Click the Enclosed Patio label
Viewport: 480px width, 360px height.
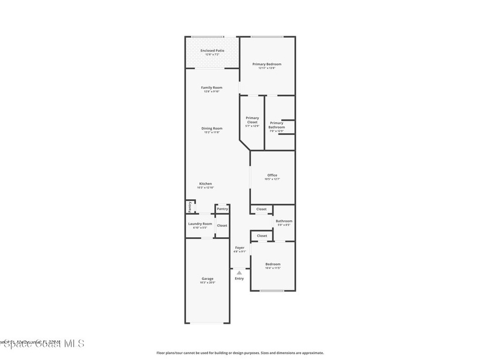(212, 51)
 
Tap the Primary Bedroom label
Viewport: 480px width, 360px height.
(267, 64)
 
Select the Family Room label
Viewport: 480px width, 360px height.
(212, 88)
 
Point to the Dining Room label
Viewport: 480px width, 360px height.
(212, 128)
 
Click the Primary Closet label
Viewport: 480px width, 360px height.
(252, 120)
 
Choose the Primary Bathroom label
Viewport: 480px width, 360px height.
(277, 125)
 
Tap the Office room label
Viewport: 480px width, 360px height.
(272, 175)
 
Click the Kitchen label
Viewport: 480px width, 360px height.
(205, 184)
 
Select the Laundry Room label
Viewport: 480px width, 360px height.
(200, 224)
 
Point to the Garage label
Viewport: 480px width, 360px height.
(208, 278)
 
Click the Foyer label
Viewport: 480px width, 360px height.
(240, 247)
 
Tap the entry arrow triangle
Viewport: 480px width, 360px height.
(240, 272)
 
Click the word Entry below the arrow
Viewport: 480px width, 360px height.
(240, 278)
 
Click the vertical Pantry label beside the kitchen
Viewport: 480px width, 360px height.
(190, 207)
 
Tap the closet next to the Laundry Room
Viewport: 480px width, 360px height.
(222, 225)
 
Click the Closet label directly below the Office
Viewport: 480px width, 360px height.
(262, 209)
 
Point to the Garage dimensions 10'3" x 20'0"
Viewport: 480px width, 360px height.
(208, 283)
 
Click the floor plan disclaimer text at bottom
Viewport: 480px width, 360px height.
(240, 353)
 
